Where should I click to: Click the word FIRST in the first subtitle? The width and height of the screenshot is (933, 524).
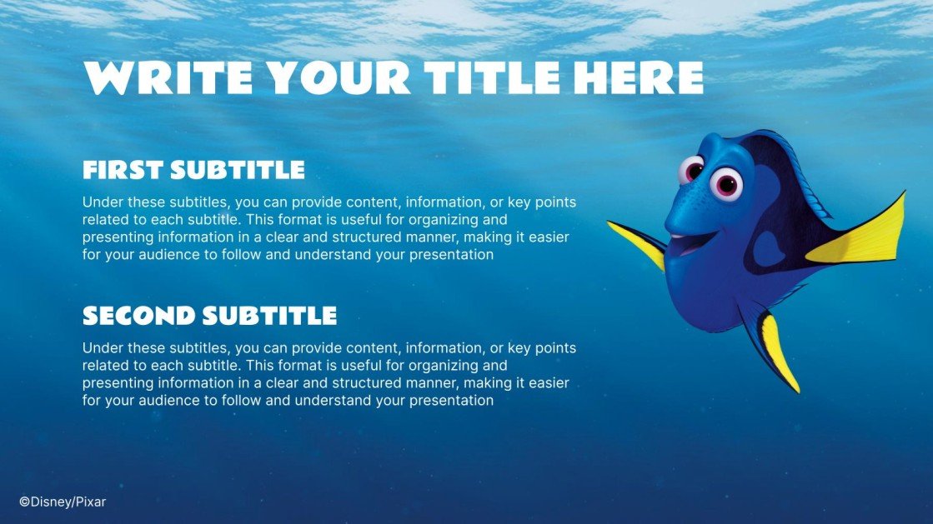123,171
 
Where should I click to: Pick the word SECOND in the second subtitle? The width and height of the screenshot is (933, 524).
138,316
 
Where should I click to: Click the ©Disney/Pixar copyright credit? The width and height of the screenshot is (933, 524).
63,502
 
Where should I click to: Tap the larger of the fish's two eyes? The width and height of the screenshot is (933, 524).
727,183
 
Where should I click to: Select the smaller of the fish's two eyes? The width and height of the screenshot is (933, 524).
691,170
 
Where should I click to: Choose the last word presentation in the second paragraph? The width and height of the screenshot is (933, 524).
453,400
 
